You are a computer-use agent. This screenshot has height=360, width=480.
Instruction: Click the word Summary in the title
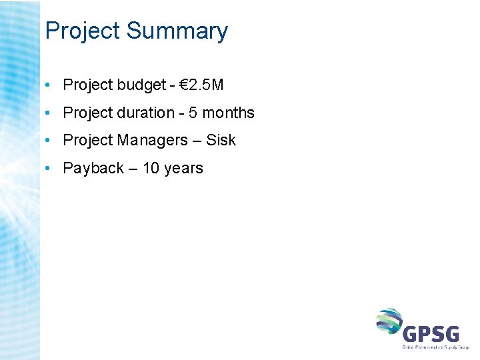177,31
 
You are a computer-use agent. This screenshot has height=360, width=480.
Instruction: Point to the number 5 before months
193,113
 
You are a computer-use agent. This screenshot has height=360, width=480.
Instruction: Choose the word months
228,113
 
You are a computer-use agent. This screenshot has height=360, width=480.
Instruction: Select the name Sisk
221,140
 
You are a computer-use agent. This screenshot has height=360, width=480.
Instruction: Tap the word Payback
93,168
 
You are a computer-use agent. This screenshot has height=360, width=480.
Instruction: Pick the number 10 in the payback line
151,168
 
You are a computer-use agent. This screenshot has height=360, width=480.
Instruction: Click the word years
183,168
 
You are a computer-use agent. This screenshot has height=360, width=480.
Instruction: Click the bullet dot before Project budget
49,85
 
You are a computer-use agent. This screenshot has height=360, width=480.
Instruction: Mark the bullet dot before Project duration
49,113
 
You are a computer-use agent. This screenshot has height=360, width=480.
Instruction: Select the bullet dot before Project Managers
49,141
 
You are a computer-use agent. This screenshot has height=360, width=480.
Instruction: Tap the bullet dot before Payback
49,169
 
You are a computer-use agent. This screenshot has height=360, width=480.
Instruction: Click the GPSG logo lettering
431,332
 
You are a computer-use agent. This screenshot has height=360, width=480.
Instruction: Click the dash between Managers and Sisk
197,141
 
